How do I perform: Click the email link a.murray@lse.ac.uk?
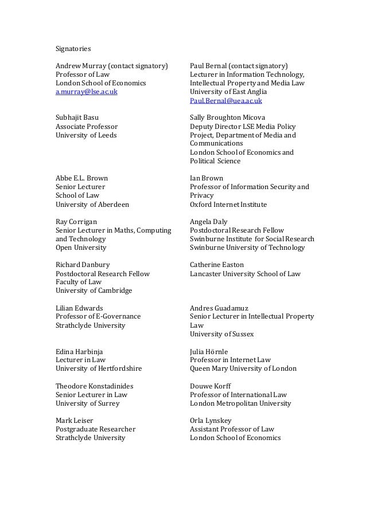pos(86,92)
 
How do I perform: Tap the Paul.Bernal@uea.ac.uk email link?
pos(226,101)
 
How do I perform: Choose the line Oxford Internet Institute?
pos(228,205)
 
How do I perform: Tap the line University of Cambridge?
pos(94,291)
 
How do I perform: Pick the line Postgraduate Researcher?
pos(95,429)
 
